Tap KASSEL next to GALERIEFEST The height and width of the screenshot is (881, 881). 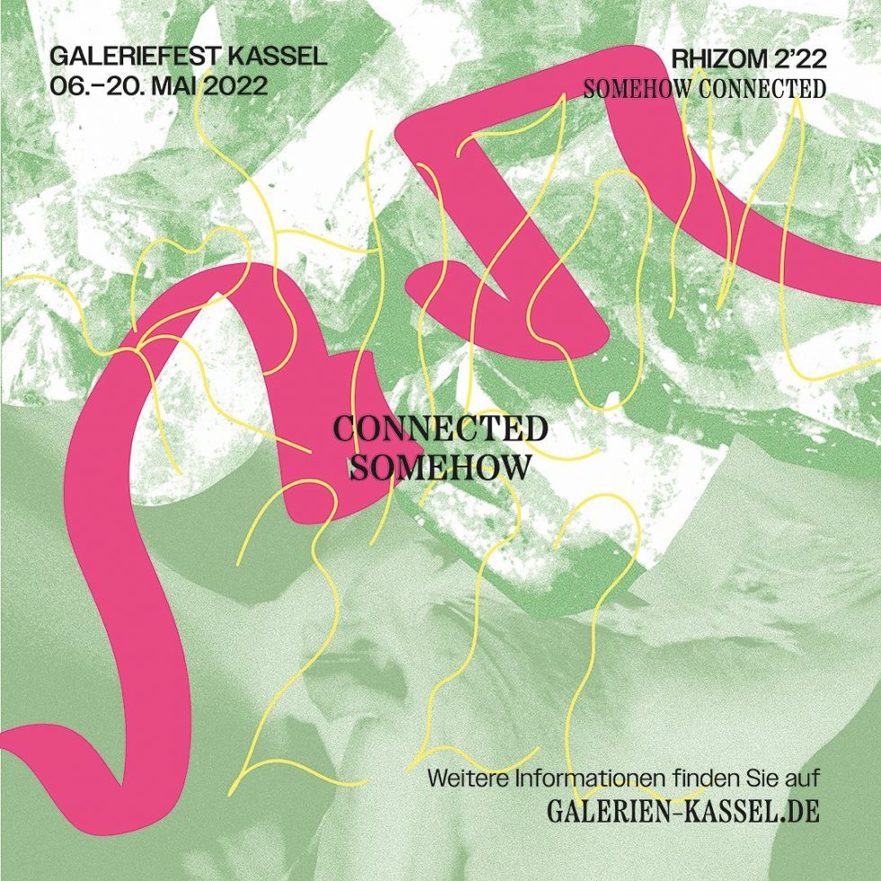(279, 58)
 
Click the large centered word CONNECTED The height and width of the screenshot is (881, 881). (440, 429)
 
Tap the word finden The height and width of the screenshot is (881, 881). (692, 777)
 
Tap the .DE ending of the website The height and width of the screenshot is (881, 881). (799, 812)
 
